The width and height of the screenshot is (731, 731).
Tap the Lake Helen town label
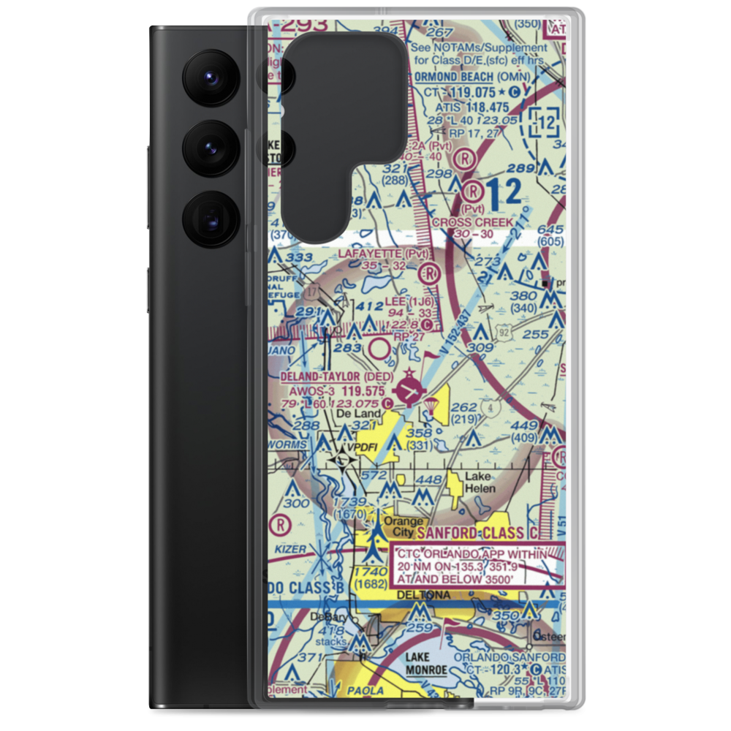tap(480, 482)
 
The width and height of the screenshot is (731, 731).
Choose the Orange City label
tap(404, 526)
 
